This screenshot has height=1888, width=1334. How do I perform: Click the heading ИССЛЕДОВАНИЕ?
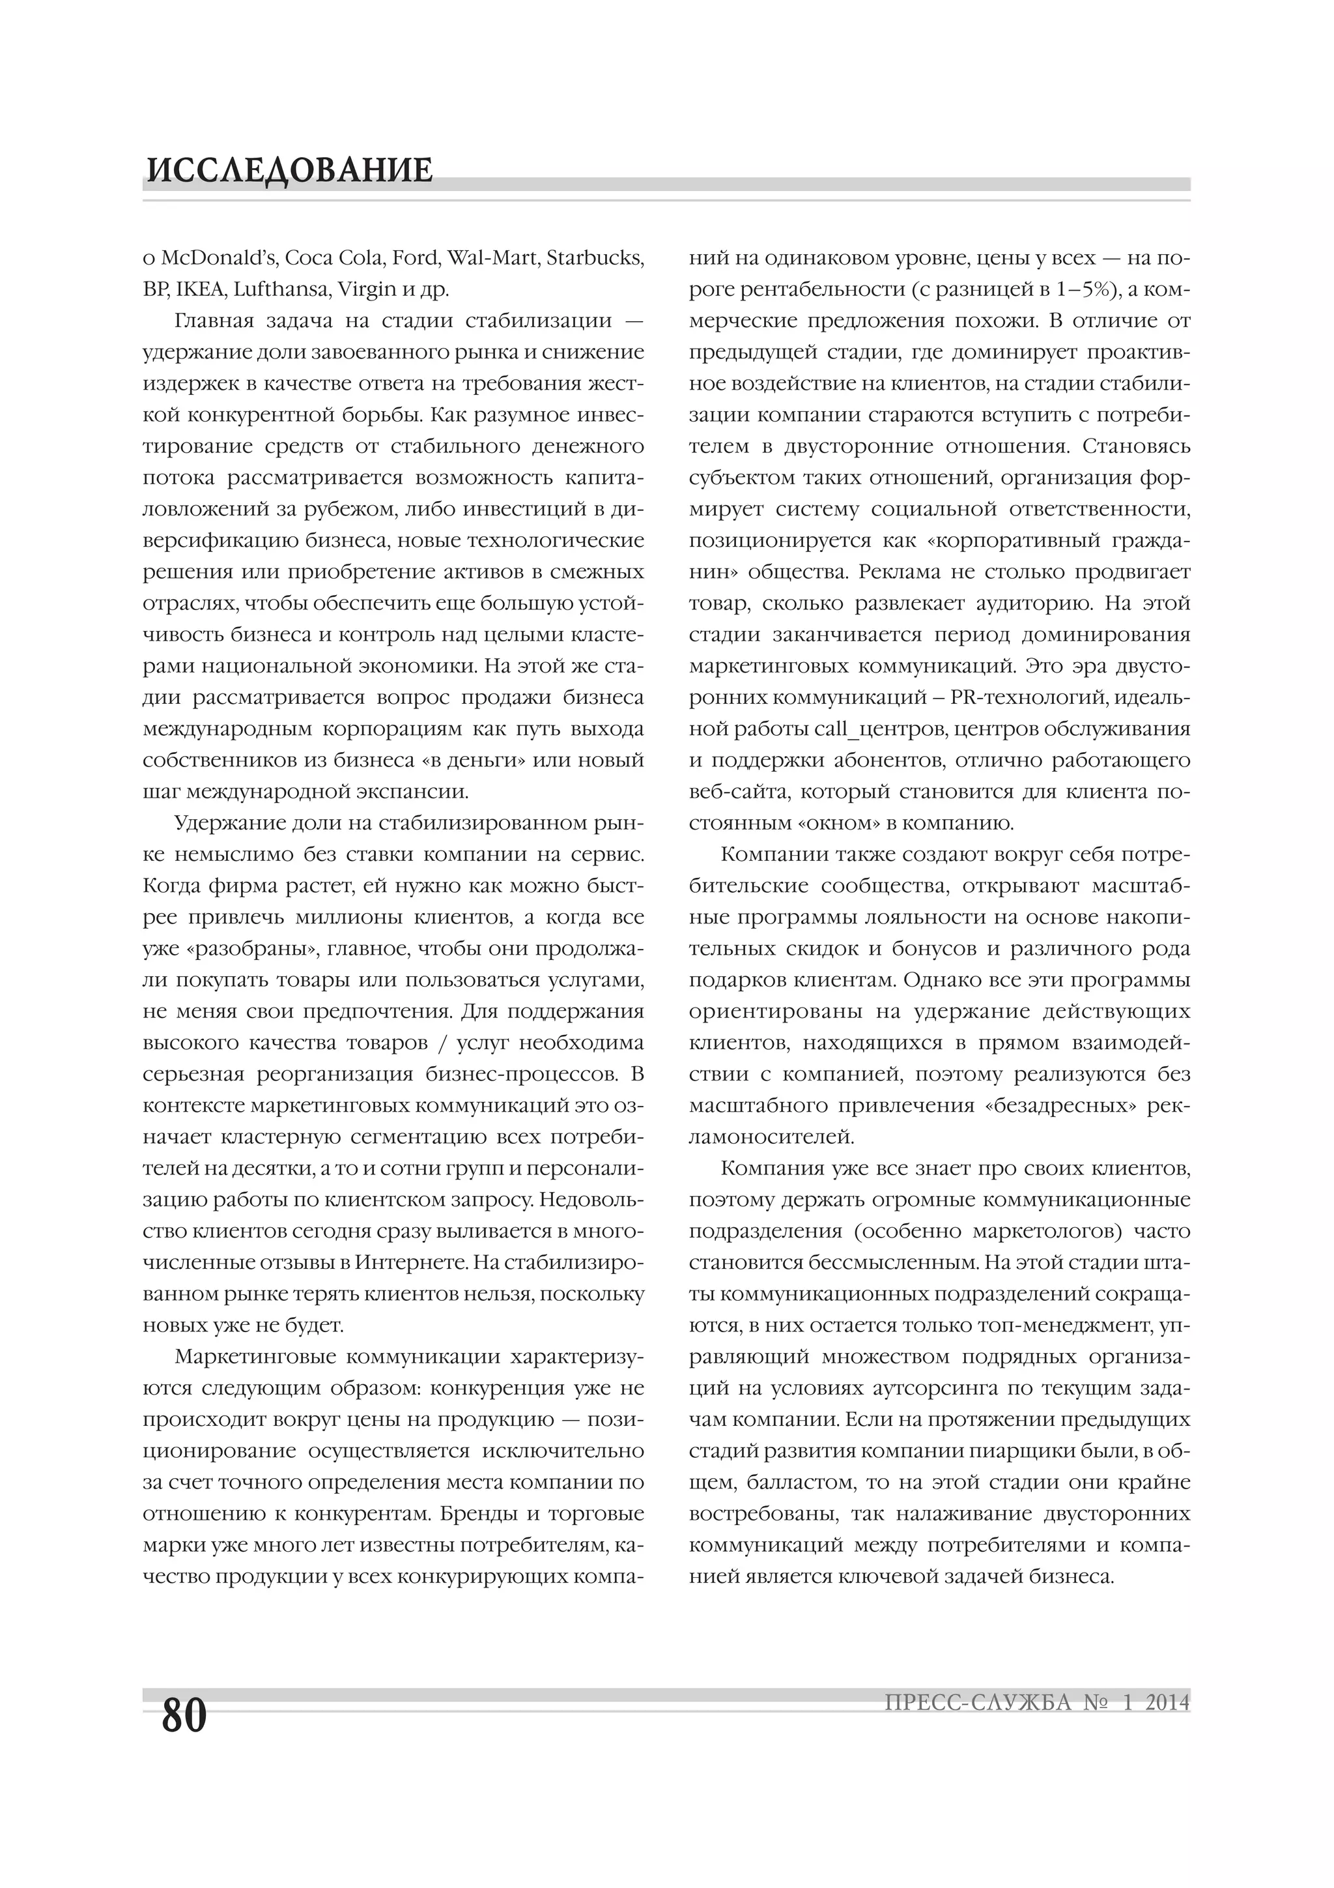289,170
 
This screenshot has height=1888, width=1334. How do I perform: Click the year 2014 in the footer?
1167,1703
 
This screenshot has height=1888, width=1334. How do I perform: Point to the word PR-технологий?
1030,697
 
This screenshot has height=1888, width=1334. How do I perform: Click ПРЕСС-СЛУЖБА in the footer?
978,1703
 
